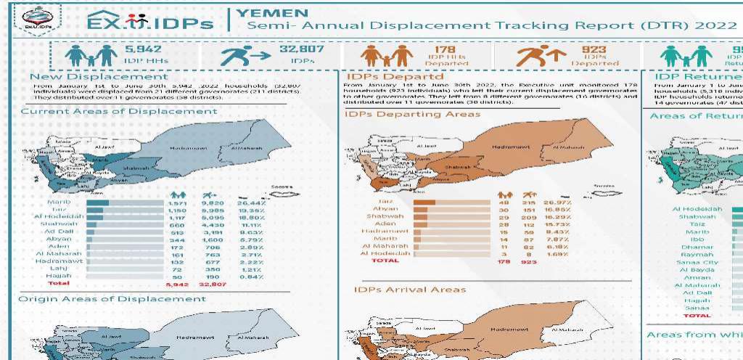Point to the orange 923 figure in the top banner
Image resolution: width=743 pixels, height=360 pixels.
594,49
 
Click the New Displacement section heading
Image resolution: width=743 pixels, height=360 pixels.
99,76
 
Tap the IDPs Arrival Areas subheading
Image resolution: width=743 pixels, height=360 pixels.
410,290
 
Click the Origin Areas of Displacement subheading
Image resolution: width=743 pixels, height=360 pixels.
112,298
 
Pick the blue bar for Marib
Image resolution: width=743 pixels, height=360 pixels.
97,202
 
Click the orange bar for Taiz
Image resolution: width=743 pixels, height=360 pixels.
424,202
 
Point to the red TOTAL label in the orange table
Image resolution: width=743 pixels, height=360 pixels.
385,260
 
